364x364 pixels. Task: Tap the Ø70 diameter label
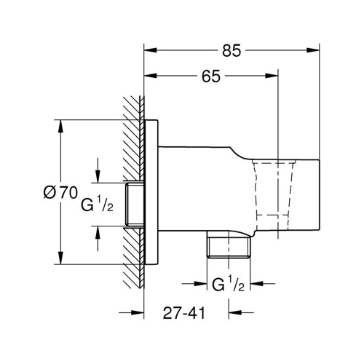click(60, 193)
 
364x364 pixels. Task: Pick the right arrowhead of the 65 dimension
click(274, 76)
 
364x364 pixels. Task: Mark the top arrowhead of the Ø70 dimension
click(58, 123)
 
